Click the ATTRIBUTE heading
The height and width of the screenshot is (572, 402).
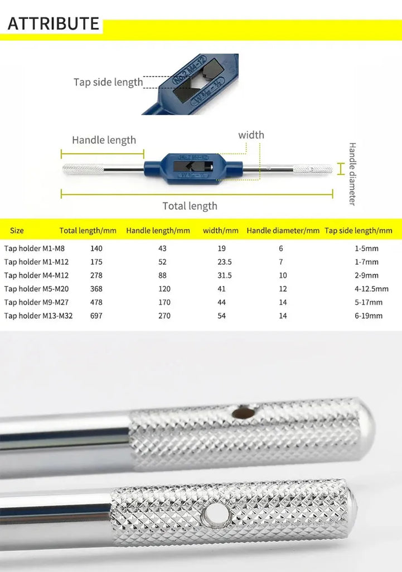[53, 23]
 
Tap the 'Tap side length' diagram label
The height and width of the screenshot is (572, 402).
[108, 82]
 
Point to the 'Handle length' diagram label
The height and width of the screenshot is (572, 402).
[104, 140]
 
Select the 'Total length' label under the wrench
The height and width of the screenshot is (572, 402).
[190, 206]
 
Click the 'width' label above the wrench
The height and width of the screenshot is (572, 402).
[251, 135]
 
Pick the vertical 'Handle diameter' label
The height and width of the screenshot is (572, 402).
[352, 174]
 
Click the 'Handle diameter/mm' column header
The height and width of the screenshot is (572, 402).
[283, 231]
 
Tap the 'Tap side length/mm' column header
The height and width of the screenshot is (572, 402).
[359, 231]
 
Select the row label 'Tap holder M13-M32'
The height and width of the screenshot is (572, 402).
[38, 316]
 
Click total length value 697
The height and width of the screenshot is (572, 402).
[96, 316]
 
